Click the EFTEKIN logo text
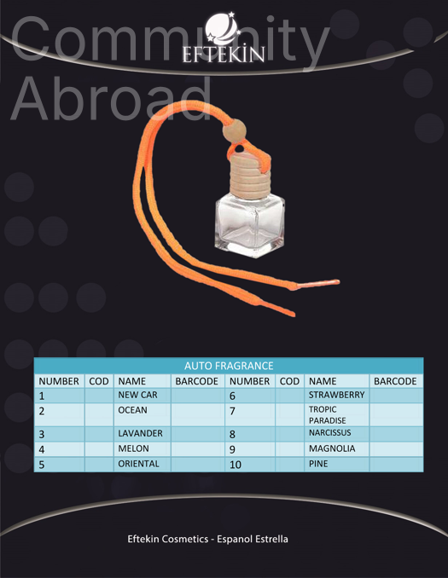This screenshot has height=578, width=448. tap(224, 55)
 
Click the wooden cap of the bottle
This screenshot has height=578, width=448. tap(250, 176)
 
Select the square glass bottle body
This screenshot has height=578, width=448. tap(250, 226)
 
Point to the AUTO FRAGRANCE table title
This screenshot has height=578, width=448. tap(229, 366)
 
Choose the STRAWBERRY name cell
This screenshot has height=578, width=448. tap(336, 395)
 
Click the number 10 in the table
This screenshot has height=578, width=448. tap(236, 465)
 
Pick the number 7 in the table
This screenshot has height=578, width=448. tap(232, 411)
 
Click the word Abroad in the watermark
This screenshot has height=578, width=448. tap(112, 98)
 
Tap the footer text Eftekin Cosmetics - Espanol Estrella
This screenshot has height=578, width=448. tap(207, 539)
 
